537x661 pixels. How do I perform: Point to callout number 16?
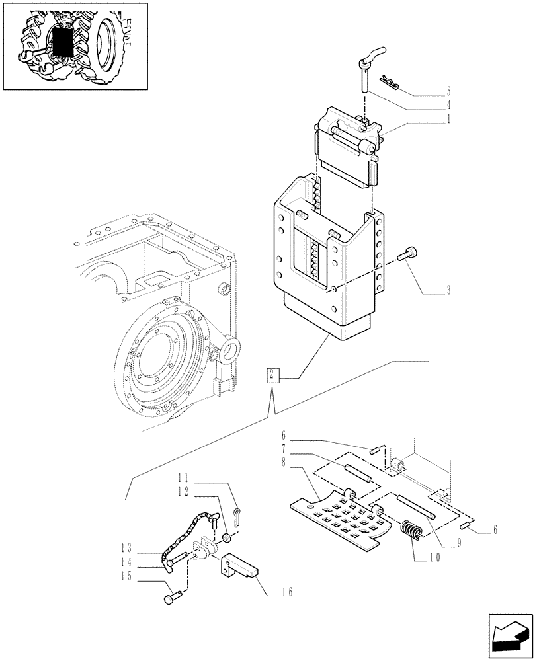286,592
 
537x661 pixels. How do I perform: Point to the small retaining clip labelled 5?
392,83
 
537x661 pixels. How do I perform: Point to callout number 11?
184,477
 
